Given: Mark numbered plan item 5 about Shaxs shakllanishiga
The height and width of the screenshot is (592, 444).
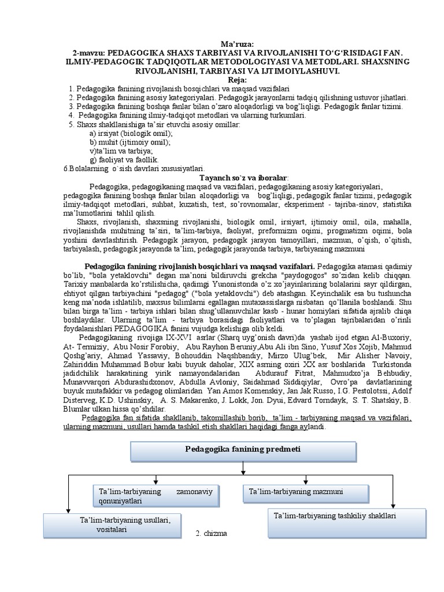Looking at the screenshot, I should point(147,124).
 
